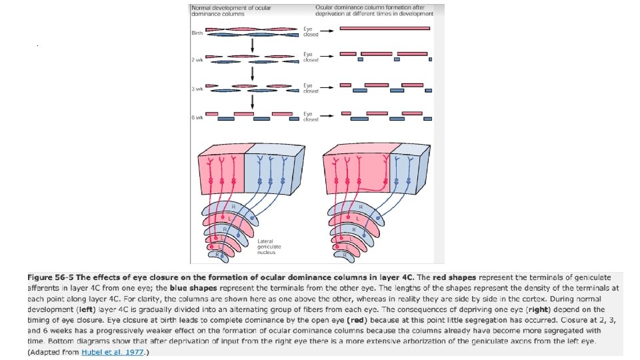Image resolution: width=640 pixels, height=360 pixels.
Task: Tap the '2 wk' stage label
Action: coord(197,60)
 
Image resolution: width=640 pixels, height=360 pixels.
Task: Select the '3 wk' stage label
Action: coord(197,88)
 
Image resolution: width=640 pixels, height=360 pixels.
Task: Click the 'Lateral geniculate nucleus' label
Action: coord(269,246)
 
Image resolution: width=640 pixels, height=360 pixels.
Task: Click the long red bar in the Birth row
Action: coord(385,29)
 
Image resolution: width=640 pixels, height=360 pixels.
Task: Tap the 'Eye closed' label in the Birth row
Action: coord(310,31)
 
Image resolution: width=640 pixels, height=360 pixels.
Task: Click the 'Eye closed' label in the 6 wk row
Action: coord(310,117)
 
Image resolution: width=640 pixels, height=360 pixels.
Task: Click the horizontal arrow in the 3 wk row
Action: coord(328,88)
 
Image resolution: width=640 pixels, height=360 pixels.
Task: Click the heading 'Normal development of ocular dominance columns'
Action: coord(217,10)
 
